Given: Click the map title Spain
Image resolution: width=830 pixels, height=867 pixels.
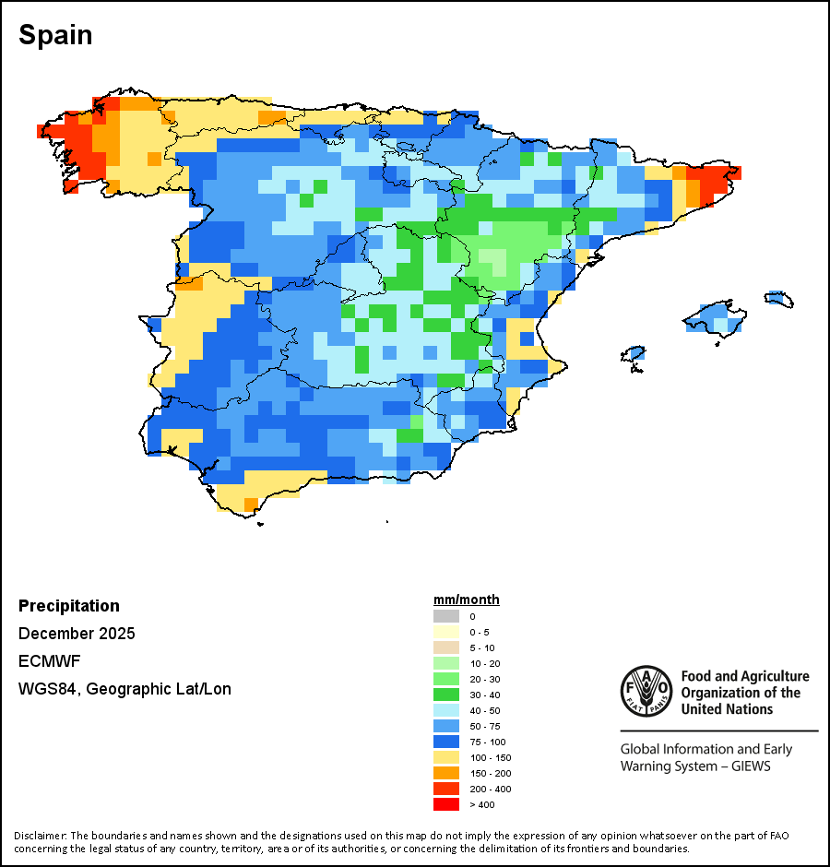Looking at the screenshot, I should (55, 36).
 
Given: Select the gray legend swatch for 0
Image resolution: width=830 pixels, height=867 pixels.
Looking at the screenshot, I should (446, 616).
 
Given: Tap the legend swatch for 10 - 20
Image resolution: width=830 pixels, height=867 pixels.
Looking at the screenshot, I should (446, 663).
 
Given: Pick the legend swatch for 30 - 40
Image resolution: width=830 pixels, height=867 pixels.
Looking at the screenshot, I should (446, 695).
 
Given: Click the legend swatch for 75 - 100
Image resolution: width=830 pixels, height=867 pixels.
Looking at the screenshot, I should (446, 742).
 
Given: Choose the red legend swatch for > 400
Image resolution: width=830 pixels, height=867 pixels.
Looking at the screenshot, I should (446, 804).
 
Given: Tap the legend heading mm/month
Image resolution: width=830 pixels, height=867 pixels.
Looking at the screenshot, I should (467, 600).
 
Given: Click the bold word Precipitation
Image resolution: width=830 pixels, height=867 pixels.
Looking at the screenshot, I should (69, 606).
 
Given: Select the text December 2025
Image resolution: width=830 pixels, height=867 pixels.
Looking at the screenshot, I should (77, 634).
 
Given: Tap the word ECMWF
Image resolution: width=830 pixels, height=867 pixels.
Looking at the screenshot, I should (45, 661).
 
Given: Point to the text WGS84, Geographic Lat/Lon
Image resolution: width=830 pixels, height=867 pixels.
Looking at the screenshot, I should (125, 689).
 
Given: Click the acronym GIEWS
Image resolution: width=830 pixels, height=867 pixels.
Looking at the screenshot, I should (747, 766).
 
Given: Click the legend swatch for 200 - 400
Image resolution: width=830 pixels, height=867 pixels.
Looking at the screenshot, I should (446, 789).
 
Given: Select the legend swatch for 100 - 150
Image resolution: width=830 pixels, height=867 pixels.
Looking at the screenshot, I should (446, 757).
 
